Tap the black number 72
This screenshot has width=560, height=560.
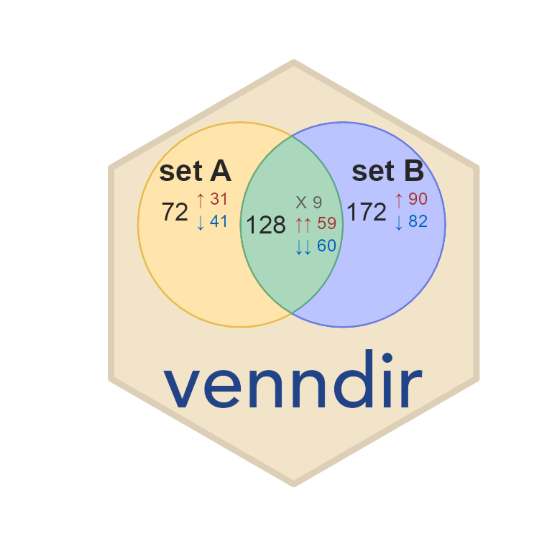(175, 212)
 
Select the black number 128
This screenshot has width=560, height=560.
(266, 225)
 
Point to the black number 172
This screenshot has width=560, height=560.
(366, 212)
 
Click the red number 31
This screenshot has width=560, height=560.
(219, 199)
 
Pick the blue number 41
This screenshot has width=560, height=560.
(219, 221)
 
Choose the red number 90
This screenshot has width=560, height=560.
(418, 199)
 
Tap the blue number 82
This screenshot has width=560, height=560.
(418, 221)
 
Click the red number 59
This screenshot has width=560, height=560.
(327, 223)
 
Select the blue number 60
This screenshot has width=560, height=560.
(327, 246)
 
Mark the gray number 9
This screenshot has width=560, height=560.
(318, 202)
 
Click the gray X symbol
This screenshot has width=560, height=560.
(301, 202)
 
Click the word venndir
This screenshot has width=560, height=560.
(293, 379)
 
